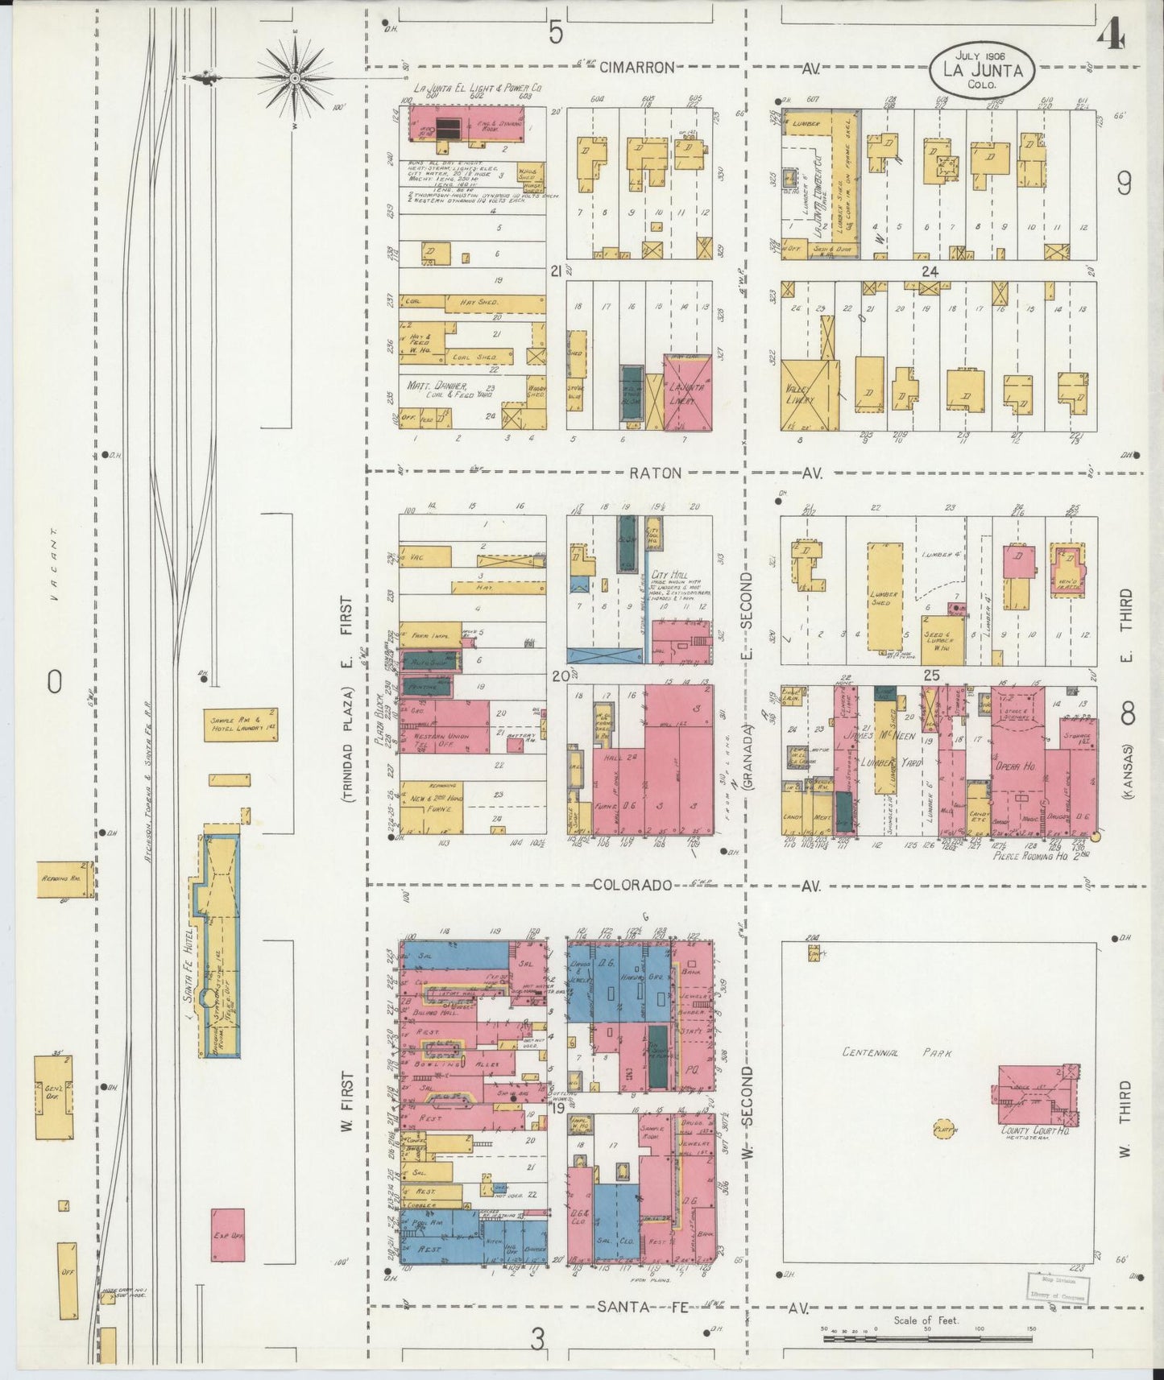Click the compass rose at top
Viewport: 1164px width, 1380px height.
pyautogui.click(x=295, y=77)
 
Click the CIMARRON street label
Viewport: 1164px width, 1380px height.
pyautogui.click(x=636, y=68)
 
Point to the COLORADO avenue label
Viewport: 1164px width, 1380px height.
pyautogui.click(x=632, y=886)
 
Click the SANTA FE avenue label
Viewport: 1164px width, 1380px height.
pyautogui.click(x=642, y=1308)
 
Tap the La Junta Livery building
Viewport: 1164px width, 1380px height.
pyautogui.click(x=687, y=392)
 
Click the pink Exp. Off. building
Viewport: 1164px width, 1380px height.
pyautogui.click(x=228, y=1234)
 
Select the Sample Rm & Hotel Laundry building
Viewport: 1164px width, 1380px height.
pyautogui.click(x=240, y=724)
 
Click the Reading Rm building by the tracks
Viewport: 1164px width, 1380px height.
pyautogui.click(x=64, y=879)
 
